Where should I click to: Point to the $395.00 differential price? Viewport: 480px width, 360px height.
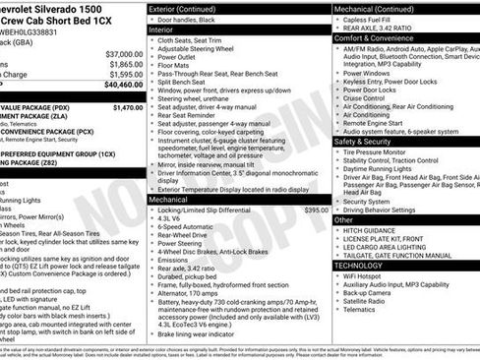[316, 210]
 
